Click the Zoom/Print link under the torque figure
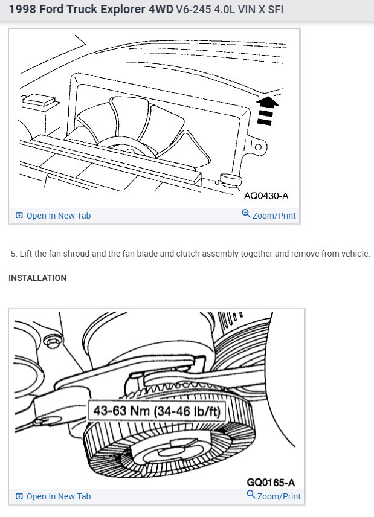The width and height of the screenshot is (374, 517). pos(279,496)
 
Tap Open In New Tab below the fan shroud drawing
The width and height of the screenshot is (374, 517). pos(58,216)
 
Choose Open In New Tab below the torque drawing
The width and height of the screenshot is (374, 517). pos(58,496)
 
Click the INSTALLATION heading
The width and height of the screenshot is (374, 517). pos(37,278)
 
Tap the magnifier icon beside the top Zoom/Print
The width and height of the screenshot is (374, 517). pos(246,214)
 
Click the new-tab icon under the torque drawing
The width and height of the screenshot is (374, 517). pos(19,496)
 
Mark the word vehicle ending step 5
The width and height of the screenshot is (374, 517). pos(353,254)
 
